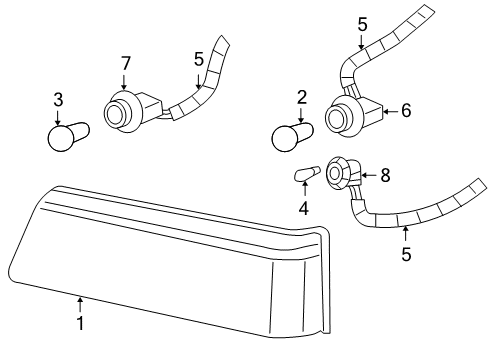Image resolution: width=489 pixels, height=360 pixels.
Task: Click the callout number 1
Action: point(80,323)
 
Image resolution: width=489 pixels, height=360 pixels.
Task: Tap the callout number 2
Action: point(302,97)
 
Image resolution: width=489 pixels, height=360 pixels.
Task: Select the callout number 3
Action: point(58,100)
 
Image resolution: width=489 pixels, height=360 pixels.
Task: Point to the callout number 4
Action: point(303,209)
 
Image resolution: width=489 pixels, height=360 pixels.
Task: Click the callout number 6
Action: point(406,110)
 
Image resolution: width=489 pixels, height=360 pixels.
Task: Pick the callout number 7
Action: point(125,63)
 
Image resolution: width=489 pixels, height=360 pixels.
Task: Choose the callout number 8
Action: point(385,175)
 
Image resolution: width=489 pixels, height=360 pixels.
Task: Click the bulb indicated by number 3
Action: point(68,137)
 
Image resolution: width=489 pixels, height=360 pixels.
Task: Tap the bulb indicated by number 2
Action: point(292,137)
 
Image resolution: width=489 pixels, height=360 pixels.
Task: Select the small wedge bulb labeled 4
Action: point(307,173)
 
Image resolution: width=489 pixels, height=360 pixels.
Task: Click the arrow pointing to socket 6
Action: point(391,111)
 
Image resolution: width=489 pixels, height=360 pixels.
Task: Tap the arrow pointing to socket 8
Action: point(370,175)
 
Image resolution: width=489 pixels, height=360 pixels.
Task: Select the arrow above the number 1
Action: point(80,304)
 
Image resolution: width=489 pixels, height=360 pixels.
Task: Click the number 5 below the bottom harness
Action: point(406,254)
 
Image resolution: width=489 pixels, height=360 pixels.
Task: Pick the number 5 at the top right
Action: point(362,25)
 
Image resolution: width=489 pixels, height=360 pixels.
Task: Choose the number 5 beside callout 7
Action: point(199,60)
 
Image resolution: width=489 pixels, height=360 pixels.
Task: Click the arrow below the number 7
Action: point(125,82)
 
